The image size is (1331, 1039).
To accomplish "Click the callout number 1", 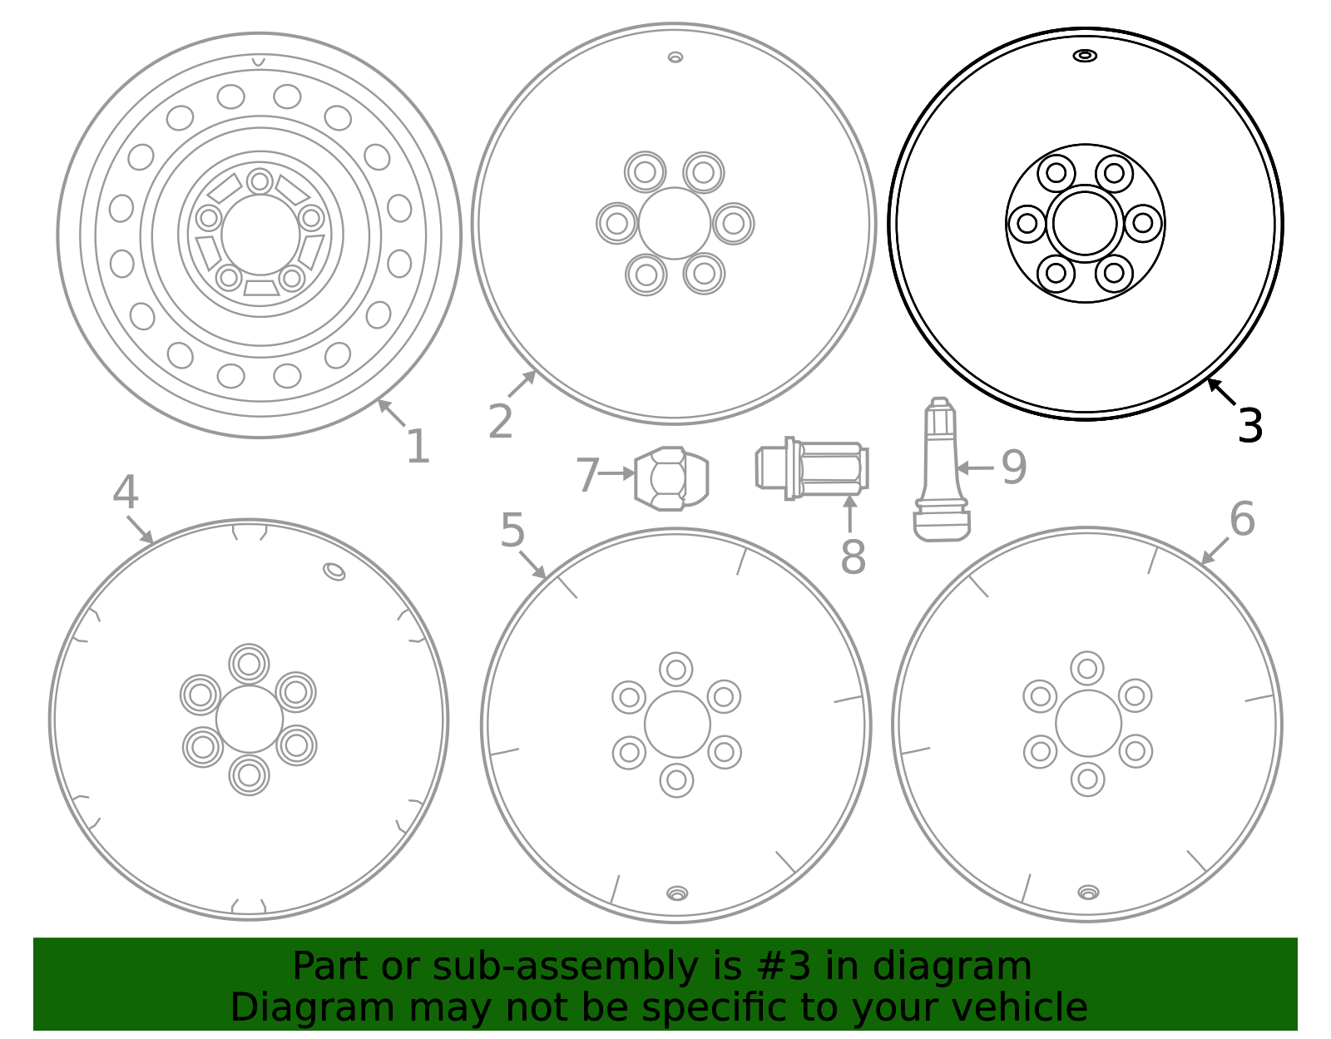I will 418,447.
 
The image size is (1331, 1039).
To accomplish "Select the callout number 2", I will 500,422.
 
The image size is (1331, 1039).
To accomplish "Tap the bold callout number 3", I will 1250,426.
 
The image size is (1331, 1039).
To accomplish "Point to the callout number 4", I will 125,492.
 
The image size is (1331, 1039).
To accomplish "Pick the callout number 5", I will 512,531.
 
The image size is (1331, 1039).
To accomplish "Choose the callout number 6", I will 1241,519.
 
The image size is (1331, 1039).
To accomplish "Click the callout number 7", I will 587,475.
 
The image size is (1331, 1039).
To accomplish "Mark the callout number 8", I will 853,557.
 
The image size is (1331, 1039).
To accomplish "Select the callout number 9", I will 1013,468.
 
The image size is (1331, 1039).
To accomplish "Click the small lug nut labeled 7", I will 671,478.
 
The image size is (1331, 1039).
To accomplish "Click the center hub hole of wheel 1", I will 260,235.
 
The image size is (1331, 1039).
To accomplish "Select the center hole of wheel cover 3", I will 1085,223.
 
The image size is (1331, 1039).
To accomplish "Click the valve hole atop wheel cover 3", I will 1085,56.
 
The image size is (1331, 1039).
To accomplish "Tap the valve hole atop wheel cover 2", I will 675,57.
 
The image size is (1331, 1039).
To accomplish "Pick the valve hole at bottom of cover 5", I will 677,893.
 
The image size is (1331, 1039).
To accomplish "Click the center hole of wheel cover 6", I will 1088,724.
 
